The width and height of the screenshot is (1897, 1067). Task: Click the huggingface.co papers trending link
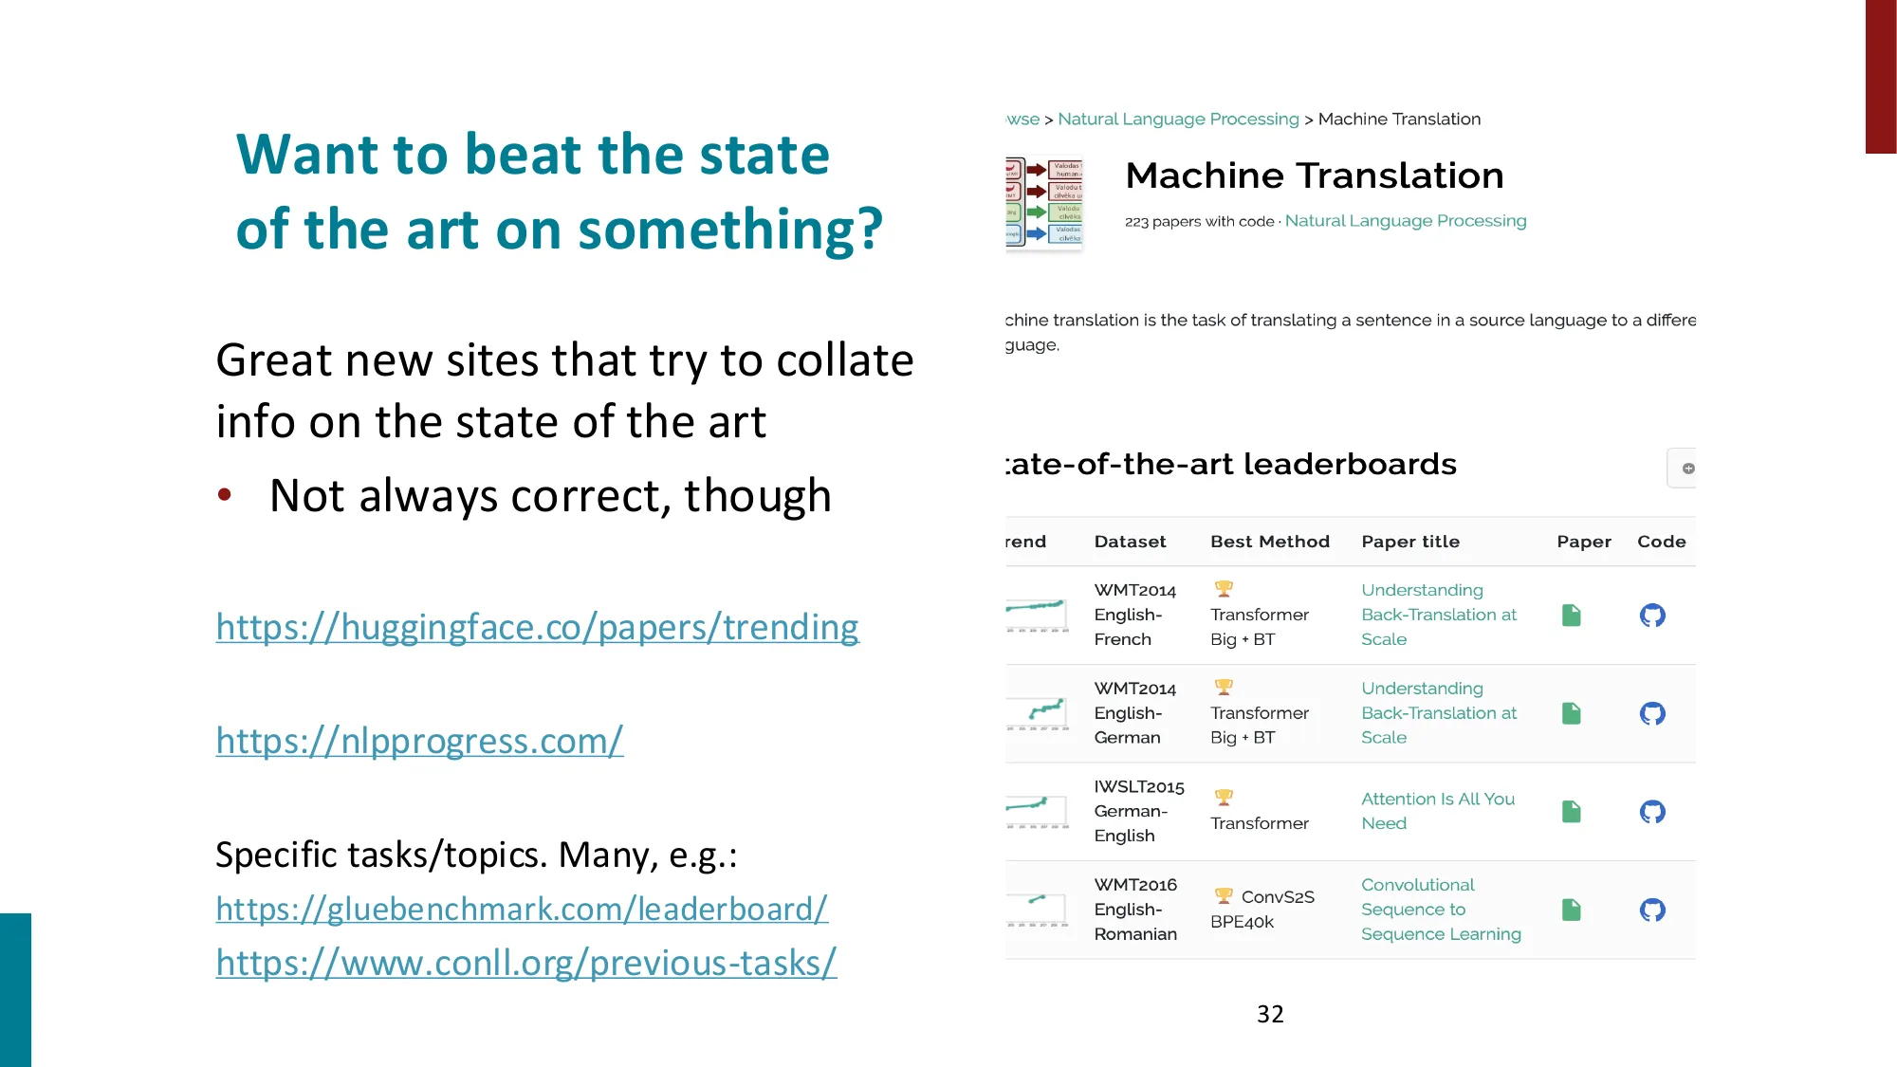point(537,627)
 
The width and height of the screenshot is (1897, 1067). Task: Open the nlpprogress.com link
point(419,741)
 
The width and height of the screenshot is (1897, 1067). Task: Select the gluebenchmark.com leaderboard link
point(522,909)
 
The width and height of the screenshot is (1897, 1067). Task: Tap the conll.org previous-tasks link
point(525,963)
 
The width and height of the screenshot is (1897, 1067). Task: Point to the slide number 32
point(1270,1014)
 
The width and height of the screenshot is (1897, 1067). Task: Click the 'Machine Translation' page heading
point(1314,175)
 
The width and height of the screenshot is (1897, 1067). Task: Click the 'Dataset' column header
point(1130,542)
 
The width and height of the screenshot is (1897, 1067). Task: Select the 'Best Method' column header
point(1269,542)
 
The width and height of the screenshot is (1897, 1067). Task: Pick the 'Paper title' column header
point(1409,542)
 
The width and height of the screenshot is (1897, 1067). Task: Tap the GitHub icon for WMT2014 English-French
point(1652,616)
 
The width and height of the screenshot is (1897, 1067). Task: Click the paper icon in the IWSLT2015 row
point(1572,812)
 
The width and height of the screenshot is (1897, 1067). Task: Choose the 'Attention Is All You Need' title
point(1437,811)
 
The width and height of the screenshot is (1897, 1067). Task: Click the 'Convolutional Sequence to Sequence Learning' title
point(1440,910)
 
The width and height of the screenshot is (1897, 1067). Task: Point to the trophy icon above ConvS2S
point(1224,895)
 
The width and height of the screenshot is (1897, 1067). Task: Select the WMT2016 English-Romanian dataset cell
point(1135,910)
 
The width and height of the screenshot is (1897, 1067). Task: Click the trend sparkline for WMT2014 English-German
point(1039,713)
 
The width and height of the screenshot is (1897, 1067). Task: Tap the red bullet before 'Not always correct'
point(225,494)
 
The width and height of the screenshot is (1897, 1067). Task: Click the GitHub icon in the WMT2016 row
point(1652,911)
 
